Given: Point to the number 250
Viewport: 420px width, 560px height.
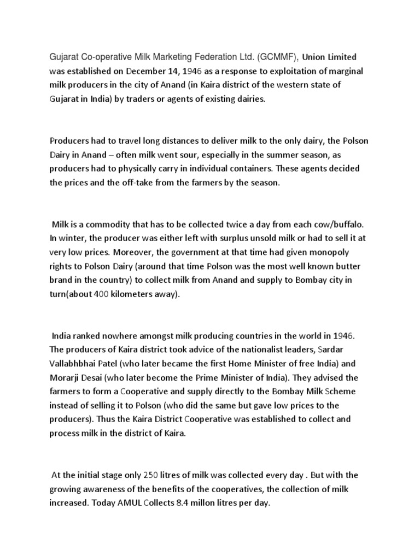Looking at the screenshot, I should point(151,475).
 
